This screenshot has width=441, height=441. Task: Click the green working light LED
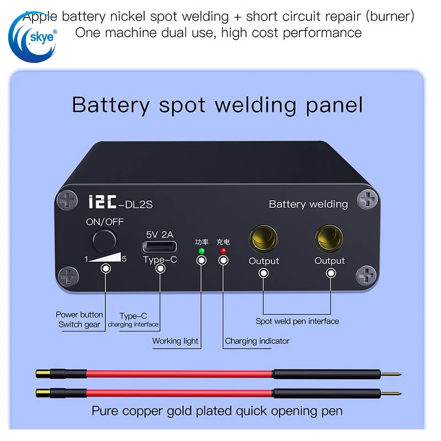point(201,251)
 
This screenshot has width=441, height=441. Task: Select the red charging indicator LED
point(223,251)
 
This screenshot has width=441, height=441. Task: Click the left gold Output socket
point(263,239)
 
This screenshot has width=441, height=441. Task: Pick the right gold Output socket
point(330,239)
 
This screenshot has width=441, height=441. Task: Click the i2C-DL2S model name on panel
point(120,203)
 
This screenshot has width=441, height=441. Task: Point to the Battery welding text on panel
point(308,204)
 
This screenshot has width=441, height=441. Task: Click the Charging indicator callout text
point(257,341)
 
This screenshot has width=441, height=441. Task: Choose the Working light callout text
point(175,341)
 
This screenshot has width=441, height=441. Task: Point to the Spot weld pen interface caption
point(297,321)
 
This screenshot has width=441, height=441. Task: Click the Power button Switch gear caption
point(79,320)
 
